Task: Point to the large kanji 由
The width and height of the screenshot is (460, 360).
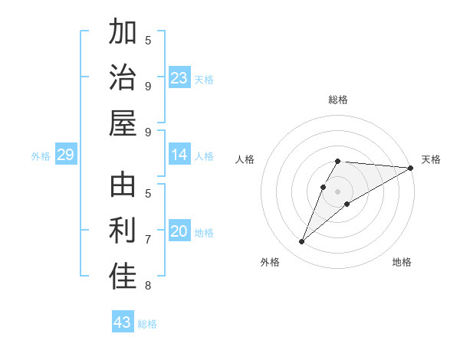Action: click(123, 186)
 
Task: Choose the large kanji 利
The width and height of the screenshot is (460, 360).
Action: click(123, 231)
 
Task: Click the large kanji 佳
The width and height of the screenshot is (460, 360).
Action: click(123, 277)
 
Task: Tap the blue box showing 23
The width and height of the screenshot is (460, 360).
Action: click(179, 78)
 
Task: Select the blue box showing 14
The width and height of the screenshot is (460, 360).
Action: click(179, 155)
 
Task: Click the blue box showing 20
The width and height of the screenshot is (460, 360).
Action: click(179, 231)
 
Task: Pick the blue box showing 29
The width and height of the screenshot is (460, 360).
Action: click(65, 155)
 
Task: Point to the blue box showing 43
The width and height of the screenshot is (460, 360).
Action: click(123, 322)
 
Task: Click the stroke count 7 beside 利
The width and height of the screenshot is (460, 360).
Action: click(148, 240)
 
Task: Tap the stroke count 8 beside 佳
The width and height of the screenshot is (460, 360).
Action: click(148, 286)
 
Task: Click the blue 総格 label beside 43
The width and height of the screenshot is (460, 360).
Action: click(147, 324)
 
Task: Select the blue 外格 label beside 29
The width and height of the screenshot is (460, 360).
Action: click(41, 156)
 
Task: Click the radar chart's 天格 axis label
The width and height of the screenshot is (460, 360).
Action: click(431, 159)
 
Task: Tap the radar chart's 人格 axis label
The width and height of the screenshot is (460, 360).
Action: click(245, 159)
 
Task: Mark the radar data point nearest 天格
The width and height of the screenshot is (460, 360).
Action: click(411, 169)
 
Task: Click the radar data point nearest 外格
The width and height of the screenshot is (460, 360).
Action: click(301, 242)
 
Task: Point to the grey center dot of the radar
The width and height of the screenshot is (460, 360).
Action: click(338, 181)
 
